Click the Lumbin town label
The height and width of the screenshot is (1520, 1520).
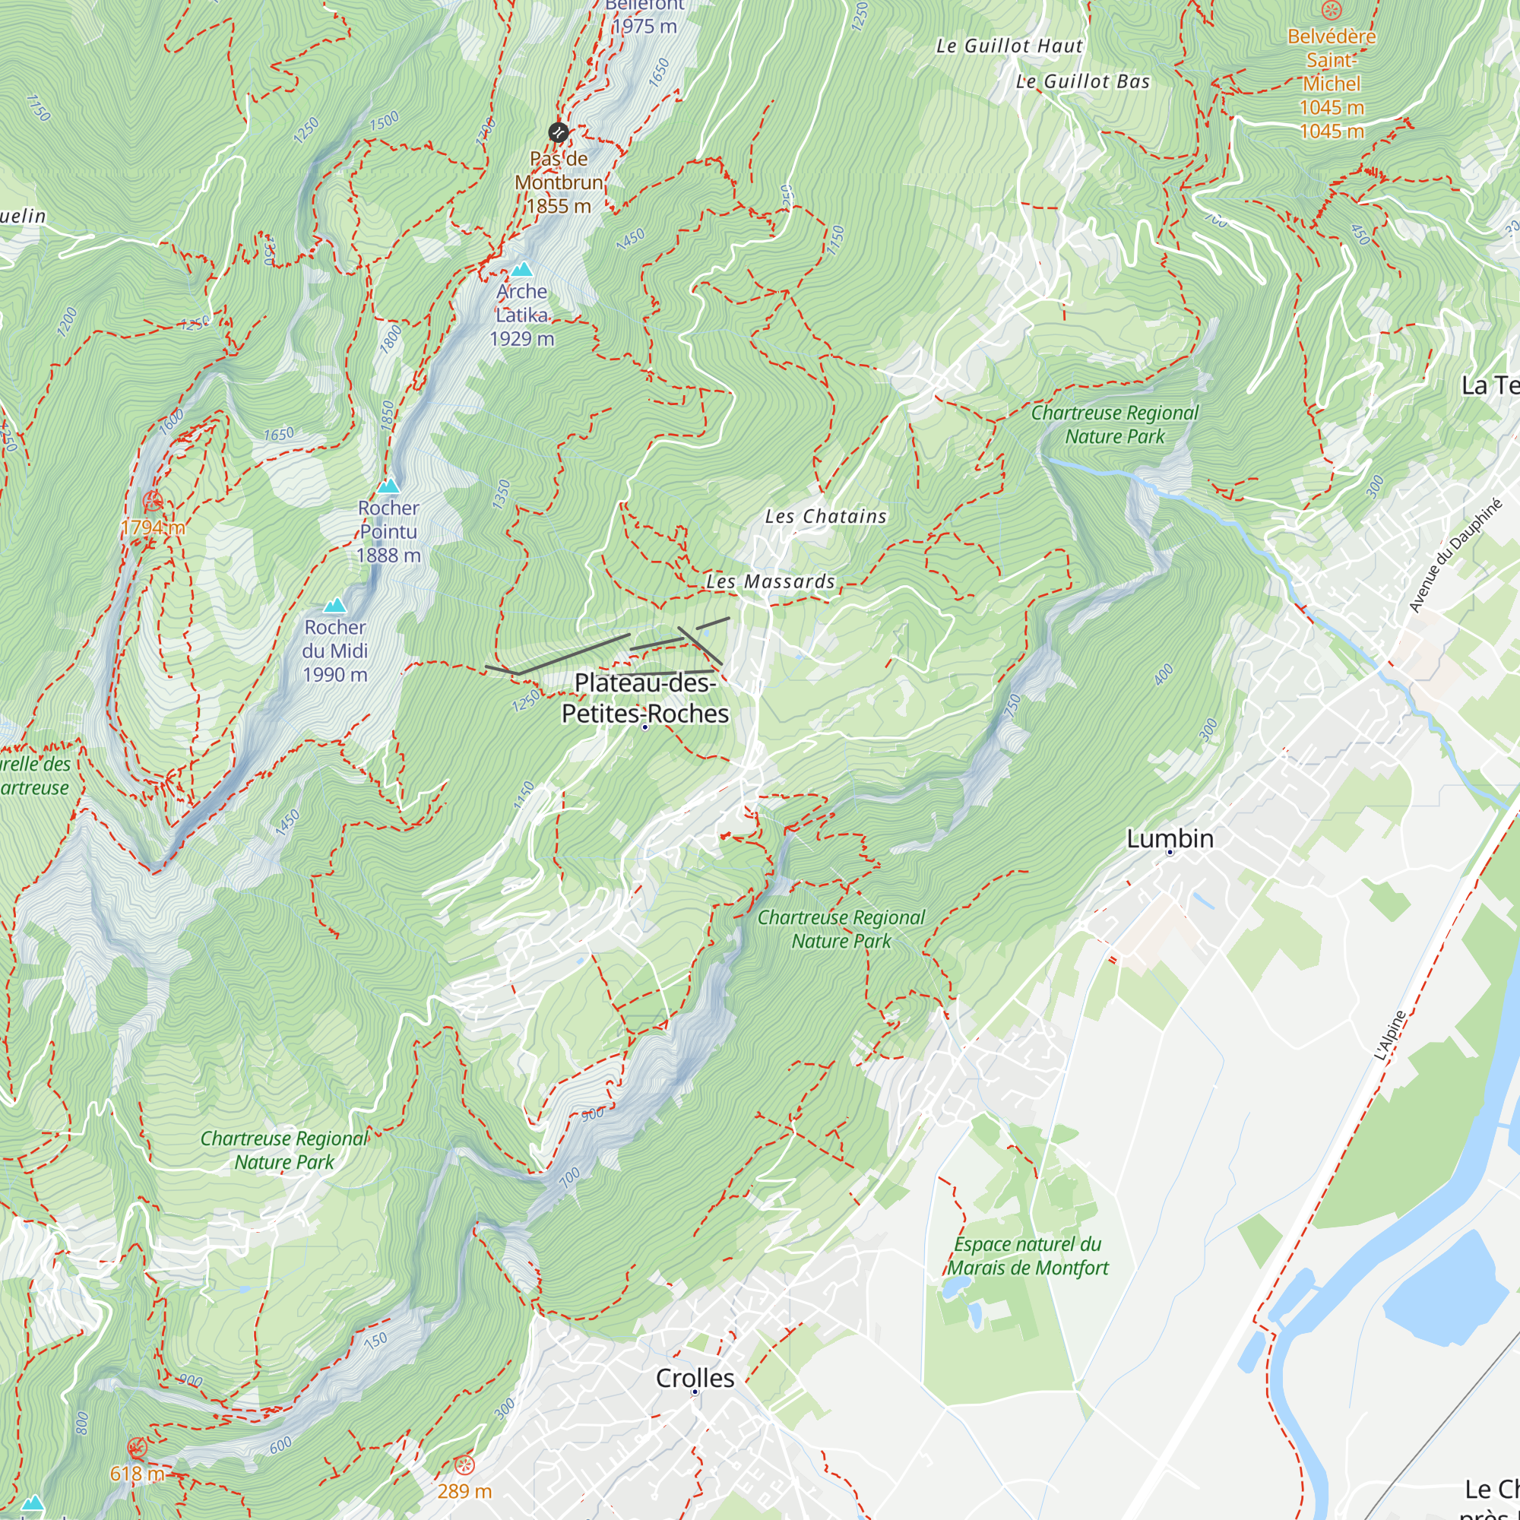click(x=1169, y=839)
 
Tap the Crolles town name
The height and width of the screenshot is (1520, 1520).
click(x=695, y=1378)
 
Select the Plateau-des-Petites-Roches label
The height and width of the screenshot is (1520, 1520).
click(x=645, y=698)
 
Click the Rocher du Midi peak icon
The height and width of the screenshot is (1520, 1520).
click(x=335, y=605)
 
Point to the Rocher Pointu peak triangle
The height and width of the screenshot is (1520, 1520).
click(x=388, y=486)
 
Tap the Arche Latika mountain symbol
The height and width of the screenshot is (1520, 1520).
click(x=521, y=270)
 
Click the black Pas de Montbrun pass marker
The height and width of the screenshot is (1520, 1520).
click(x=559, y=132)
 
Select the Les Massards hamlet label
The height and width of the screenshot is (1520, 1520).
click(x=770, y=581)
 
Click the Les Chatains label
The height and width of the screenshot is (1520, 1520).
click(x=825, y=516)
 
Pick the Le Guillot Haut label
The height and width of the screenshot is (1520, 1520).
click(x=1009, y=46)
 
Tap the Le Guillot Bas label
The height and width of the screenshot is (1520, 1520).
click(x=1081, y=82)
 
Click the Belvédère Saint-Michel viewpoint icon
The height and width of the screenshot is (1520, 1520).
click(x=1332, y=10)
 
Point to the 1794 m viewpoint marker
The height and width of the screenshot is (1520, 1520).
click(x=153, y=500)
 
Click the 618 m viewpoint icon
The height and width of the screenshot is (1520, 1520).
click(x=137, y=1448)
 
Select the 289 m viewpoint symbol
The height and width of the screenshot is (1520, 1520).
click(x=465, y=1465)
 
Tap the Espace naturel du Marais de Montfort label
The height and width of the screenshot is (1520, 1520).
click(x=1027, y=1256)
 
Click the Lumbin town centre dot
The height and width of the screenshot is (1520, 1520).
click(x=1169, y=852)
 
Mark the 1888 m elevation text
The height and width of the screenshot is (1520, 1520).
click(x=388, y=556)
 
